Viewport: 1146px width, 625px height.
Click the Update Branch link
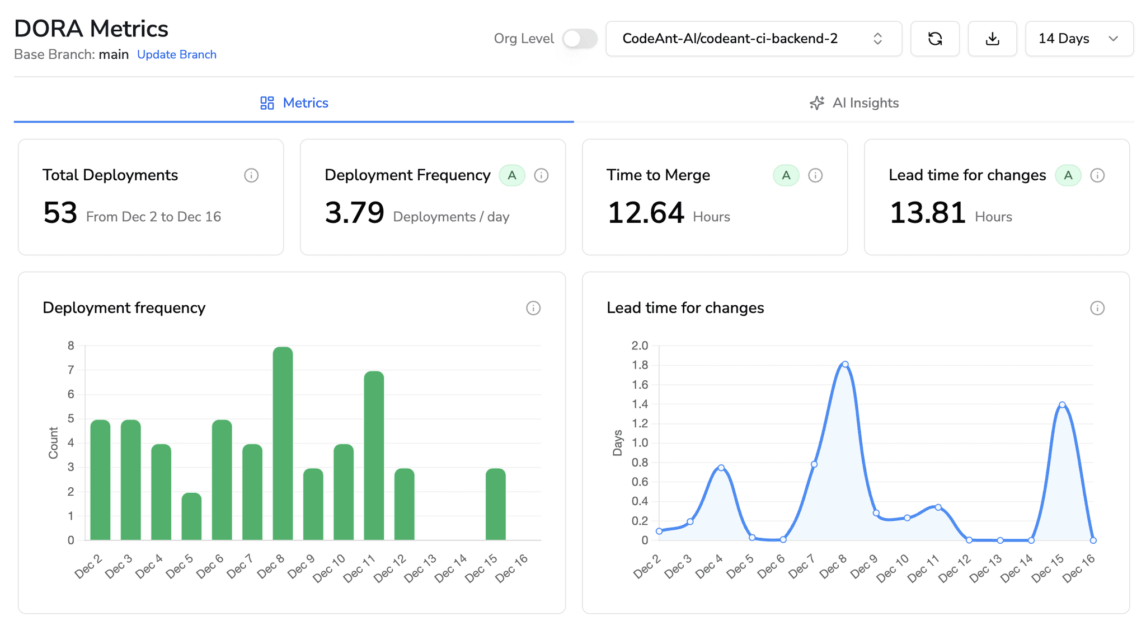point(176,54)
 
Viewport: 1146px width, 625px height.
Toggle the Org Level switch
point(580,39)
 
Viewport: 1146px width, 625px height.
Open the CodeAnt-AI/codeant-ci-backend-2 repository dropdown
point(753,39)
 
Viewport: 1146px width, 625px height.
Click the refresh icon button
point(934,39)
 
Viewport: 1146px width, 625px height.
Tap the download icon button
point(992,39)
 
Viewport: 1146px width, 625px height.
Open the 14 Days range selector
point(1078,39)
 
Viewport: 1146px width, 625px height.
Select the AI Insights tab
point(854,103)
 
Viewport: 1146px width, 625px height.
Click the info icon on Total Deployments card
point(251,175)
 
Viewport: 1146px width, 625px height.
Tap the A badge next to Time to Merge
point(786,175)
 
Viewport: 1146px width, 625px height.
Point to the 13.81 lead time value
point(927,213)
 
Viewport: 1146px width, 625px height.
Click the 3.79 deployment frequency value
point(354,213)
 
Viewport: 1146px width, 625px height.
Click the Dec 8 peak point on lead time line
point(845,365)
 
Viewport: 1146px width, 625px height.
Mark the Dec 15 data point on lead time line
point(1062,405)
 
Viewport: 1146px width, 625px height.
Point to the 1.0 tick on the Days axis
point(640,443)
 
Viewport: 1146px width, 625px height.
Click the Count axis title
point(53,443)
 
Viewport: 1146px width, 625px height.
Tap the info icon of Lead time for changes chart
point(1097,308)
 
